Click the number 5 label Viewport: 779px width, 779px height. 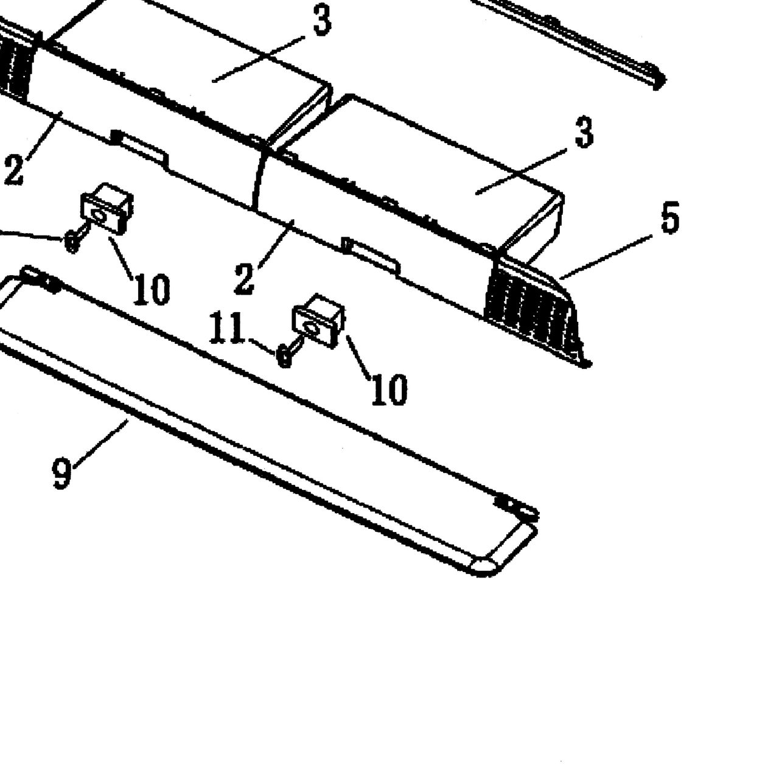(x=669, y=218)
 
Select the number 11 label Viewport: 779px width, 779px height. (x=226, y=328)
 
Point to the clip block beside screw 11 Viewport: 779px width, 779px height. (x=318, y=321)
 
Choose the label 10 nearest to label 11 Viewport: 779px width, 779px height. (x=389, y=389)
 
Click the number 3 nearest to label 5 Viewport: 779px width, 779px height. (x=584, y=132)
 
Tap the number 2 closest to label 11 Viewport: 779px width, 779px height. (x=244, y=279)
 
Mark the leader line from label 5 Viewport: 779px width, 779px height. (x=606, y=257)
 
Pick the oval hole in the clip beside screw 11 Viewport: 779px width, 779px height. (x=311, y=328)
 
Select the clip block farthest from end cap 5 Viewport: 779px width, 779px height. (x=108, y=209)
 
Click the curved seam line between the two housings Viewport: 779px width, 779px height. (x=257, y=178)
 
